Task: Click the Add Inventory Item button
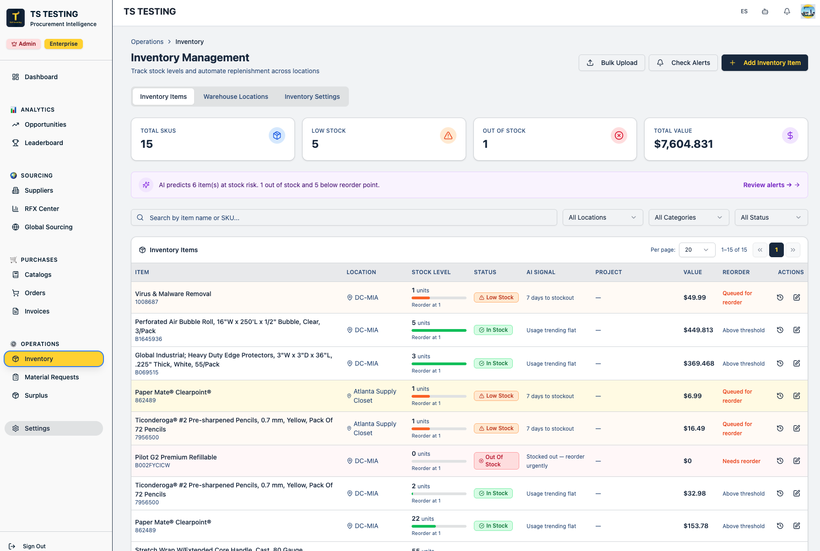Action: coord(765,63)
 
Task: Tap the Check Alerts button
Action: coord(683,63)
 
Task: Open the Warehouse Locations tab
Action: coord(236,97)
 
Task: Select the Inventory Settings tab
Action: coord(312,97)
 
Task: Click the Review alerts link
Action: coord(771,185)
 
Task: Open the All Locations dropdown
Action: coord(603,217)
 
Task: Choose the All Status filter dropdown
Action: coord(771,217)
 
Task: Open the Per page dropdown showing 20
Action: coord(697,250)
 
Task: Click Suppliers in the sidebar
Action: coord(39,190)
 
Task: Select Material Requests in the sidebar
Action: coord(52,377)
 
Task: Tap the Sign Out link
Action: coord(34,546)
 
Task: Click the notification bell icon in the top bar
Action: coord(787,11)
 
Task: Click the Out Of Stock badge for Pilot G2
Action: coord(496,461)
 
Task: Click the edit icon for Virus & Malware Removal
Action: coord(797,297)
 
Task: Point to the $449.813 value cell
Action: coord(698,330)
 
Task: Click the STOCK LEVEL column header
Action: coord(431,272)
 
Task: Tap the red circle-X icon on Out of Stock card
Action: coord(619,135)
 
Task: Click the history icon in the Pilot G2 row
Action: coord(780,461)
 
